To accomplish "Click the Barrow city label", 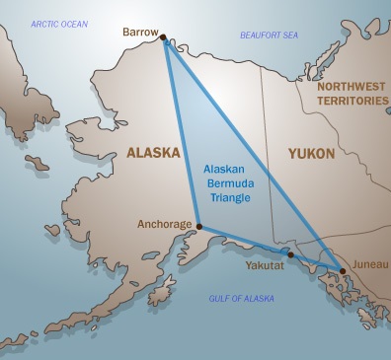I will coord(139,33).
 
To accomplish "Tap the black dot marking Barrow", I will coord(163,37).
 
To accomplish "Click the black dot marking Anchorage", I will coord(198,225).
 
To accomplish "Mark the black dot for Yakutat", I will coord(290,254).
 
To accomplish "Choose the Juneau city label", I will coord(362,263).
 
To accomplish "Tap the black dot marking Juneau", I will coord(342,270).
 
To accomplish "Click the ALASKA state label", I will coord(153,153).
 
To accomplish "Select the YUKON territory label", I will coord(310,154).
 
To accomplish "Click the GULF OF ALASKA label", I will coord(241,298).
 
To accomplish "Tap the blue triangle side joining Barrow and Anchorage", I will coord(181,131).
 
